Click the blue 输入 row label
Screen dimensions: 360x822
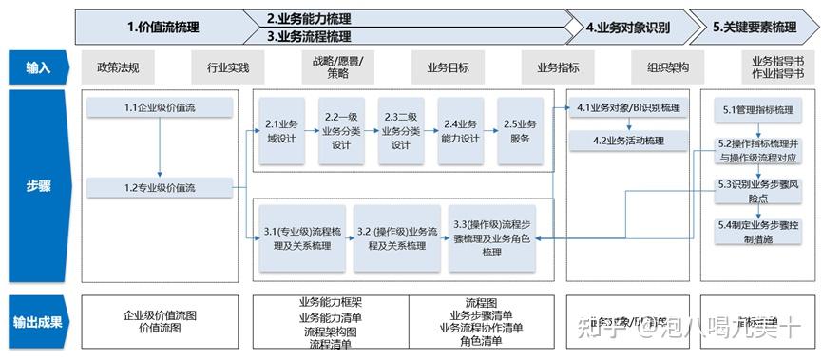[38, 68]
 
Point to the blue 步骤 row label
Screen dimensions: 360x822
[38, 187]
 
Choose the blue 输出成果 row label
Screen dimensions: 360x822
[38, 322]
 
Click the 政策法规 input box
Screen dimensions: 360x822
[118, 68]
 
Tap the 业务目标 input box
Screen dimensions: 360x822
[448, 68]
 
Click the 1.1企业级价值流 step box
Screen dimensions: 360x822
[159, 108]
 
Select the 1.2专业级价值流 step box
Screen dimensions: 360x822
[159, 188]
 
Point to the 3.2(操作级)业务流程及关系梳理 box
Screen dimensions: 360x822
[396, 238]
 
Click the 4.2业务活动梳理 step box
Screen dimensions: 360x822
[628, 141]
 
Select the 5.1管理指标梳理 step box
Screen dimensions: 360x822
[757, 110]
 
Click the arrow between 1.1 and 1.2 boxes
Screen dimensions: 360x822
[160, 148]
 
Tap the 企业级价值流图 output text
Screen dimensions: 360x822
[159, 314]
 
